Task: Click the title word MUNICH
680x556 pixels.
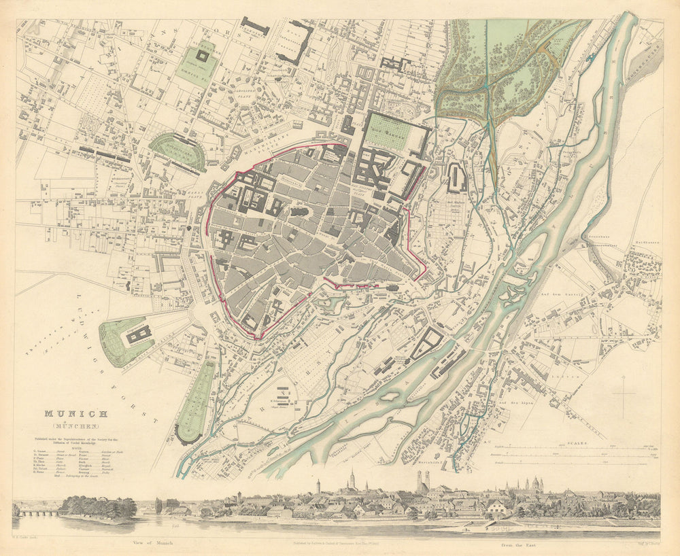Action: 75,413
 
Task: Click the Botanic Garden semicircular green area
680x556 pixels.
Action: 176,150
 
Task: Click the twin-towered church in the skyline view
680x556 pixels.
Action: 422,481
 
